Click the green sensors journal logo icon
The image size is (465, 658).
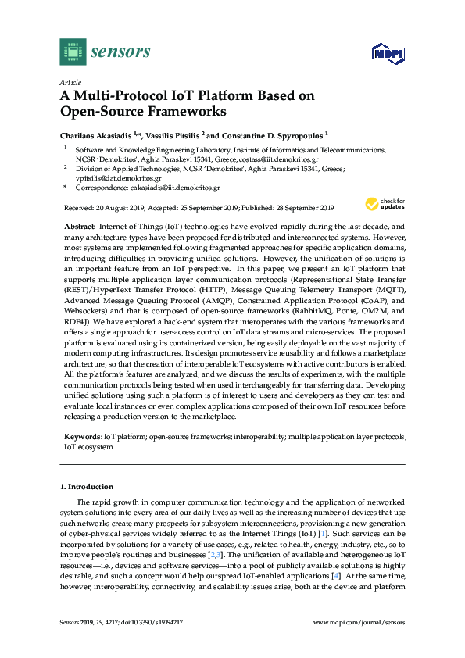pyautogui.click(x=73, y=52)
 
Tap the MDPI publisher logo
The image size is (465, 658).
pyautogui.click(x=385, y=53)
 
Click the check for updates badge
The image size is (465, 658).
pyautogui.click(x=382, y=205)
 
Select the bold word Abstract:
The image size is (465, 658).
pyautogui.click(x=80, y=226)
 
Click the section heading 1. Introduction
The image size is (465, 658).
pyautogui.click(x=86, y=487)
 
